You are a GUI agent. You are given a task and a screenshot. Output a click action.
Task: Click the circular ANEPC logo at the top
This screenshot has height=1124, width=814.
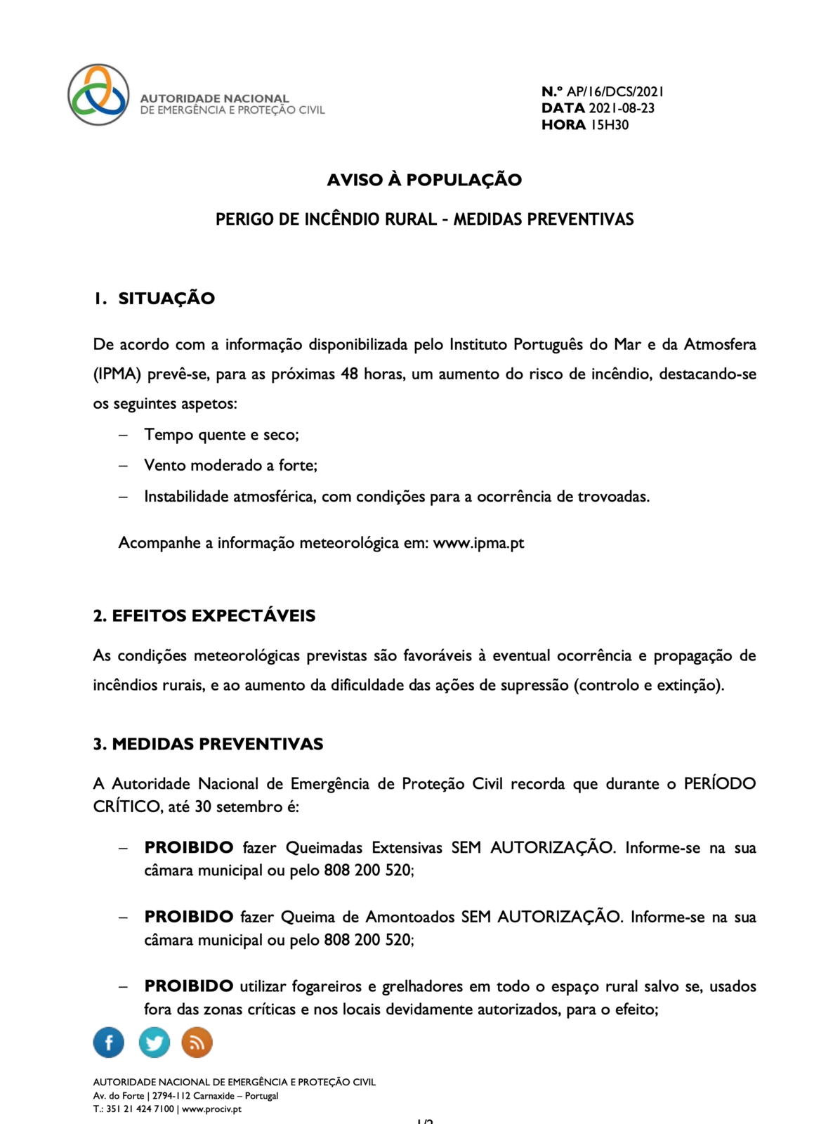(98, 95)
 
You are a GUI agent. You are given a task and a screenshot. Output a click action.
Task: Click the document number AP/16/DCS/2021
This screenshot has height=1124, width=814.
(615, 91)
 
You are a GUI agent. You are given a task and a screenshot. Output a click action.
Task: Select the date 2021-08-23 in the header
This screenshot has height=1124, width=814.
(622, 108)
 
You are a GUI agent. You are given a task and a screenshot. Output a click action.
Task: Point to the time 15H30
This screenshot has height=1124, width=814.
(610, 125)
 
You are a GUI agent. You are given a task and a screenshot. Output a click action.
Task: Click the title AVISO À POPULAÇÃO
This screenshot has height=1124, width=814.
(424, 180)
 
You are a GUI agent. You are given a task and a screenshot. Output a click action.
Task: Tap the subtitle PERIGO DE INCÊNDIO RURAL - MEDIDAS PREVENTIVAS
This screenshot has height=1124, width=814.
(424, 219)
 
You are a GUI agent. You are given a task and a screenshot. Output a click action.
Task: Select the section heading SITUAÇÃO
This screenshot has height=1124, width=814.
(166, 299)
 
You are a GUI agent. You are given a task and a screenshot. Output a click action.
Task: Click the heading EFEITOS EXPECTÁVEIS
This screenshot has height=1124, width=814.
(214, 616)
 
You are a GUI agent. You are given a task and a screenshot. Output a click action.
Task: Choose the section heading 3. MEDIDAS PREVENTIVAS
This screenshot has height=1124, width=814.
(208, 745)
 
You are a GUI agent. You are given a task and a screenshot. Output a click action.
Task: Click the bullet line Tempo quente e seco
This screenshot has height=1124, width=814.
(221, 435)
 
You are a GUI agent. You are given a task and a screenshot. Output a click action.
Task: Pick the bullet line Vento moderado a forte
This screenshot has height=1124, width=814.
(230, 466)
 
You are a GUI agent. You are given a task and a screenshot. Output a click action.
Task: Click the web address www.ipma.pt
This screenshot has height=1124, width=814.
(478, 543)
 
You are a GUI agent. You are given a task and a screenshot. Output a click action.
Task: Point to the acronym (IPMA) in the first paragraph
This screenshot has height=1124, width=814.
(117, 374)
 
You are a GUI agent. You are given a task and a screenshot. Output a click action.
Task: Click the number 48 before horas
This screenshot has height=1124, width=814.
(349, 374)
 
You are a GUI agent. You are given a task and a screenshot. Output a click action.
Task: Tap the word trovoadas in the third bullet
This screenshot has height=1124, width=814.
(612, 497)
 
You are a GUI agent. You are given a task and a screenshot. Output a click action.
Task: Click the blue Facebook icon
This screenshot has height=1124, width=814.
(109, 1043)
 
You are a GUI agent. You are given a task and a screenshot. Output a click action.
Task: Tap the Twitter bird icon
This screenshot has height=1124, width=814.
(154, 1043)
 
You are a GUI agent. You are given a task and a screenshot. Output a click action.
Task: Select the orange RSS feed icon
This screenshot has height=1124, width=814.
(197, 1043)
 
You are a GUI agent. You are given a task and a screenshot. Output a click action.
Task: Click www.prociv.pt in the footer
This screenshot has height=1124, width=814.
(211, 1109)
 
